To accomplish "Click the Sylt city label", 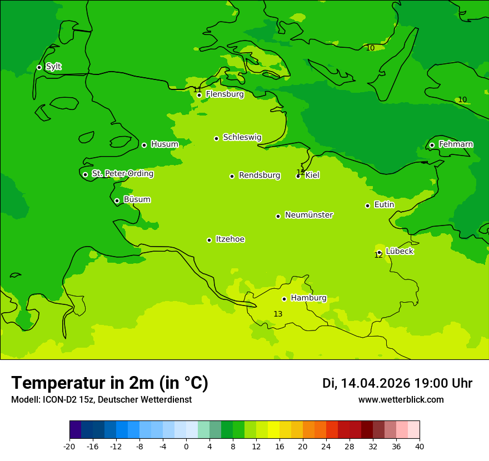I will [x=53, y=67].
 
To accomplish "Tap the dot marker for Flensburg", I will [x=199, y=95].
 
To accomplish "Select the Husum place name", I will [x=164, y=144].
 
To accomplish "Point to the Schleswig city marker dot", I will [x=217, y=138].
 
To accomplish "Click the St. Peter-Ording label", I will [x=122, y=174].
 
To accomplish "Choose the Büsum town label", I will [x=137, y=200].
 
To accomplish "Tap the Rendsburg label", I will [x=260, y=176].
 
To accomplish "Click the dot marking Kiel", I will [x=298, y=176].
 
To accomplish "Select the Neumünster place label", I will [x=309, y=215].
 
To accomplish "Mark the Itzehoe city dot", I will [x=209, y=240].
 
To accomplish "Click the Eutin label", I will [x=384, y=205].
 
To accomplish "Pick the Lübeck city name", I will [x=399, y=252].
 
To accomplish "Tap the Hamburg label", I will [x=308, y=298].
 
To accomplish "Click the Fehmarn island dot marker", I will [x=432, y=146].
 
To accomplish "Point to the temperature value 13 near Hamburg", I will [x=278, y=314].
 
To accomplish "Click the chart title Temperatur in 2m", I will [x=109, y=383].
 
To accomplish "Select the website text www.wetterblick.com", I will [x=401, y=400].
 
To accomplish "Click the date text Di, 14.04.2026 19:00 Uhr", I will [x=397, y=383].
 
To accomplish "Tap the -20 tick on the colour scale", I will [x=69, y=447].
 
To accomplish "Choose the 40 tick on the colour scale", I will [x=420, y=447].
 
